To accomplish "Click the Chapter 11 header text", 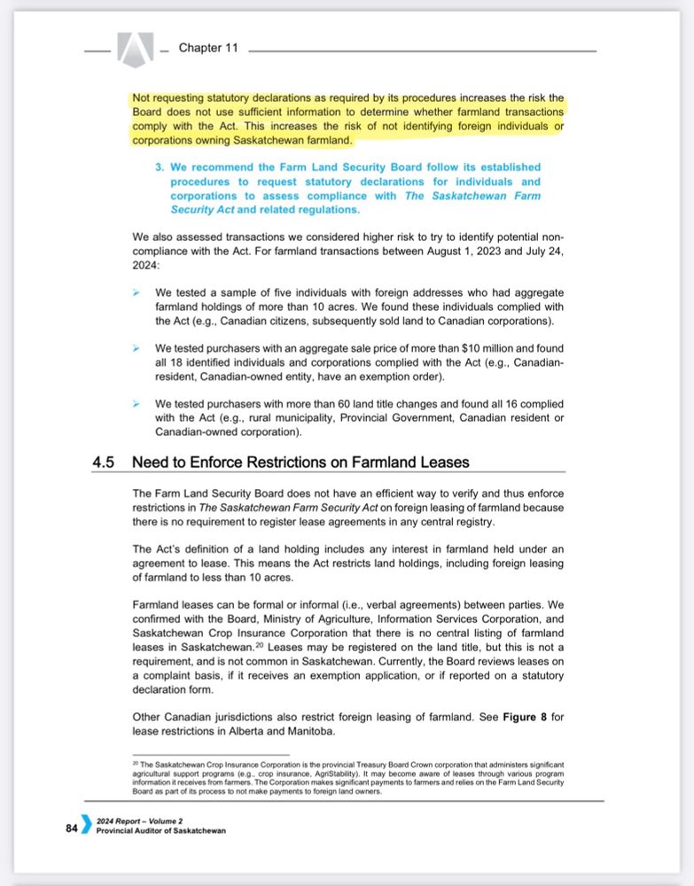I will pos(208,48).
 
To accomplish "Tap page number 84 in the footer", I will pos(71,828).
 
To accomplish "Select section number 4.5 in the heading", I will pos(105,462).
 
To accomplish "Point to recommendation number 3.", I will pos(160,167).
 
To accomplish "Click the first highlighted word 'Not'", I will pos(142,97).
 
